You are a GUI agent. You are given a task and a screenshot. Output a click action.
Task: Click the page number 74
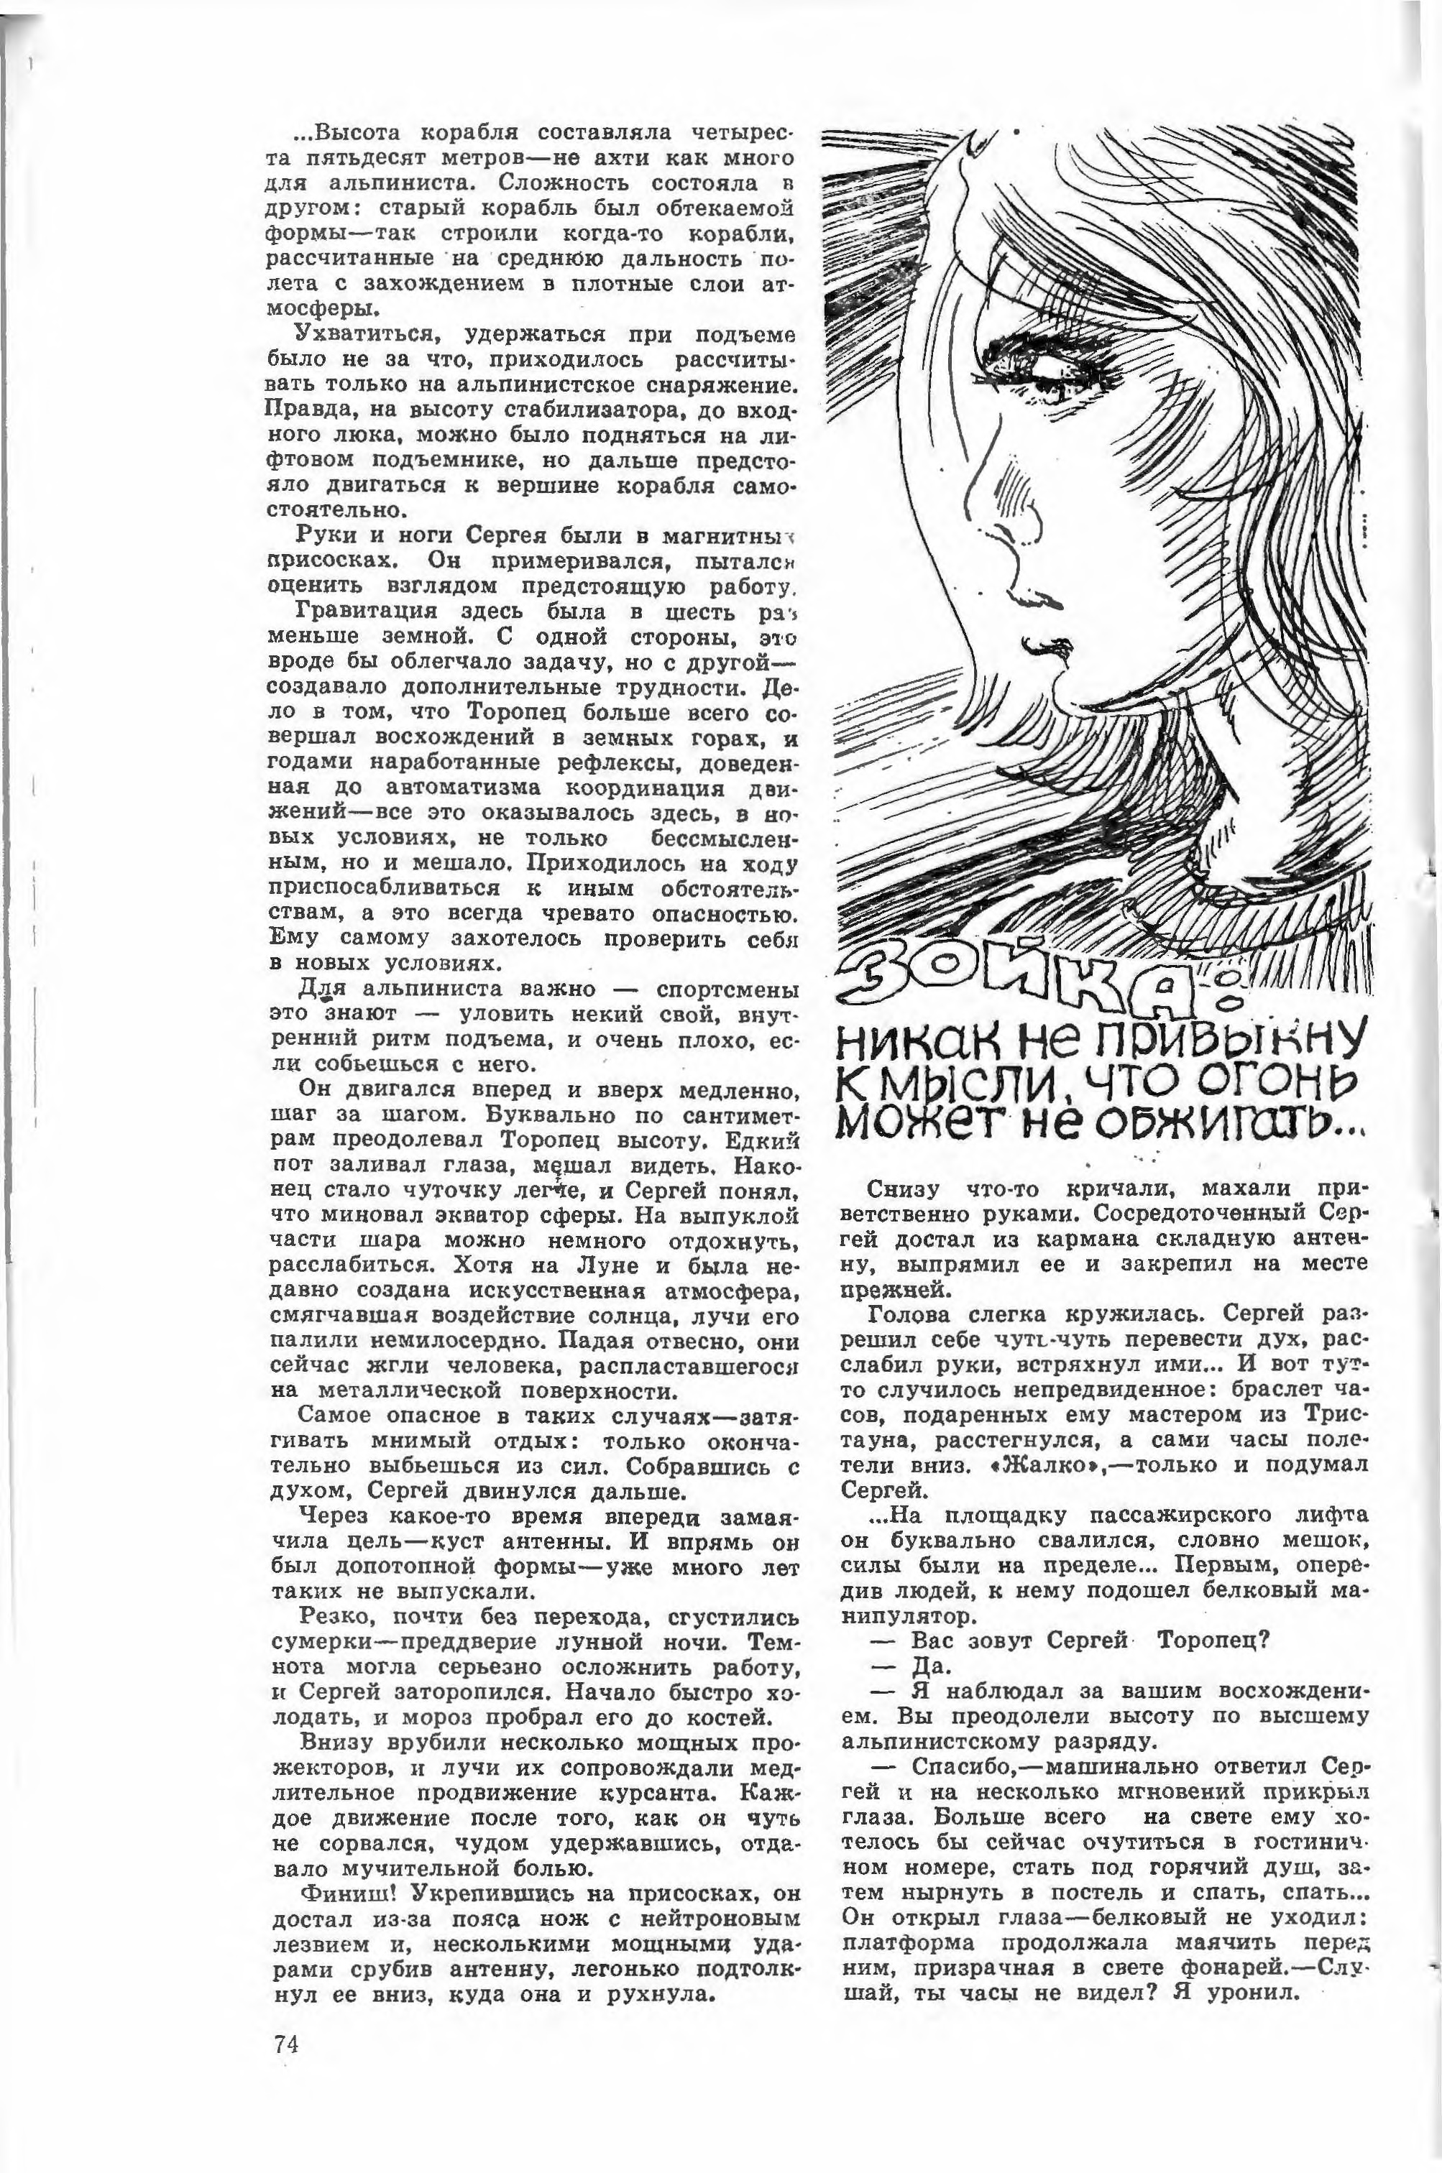[x=286, y=2044]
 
